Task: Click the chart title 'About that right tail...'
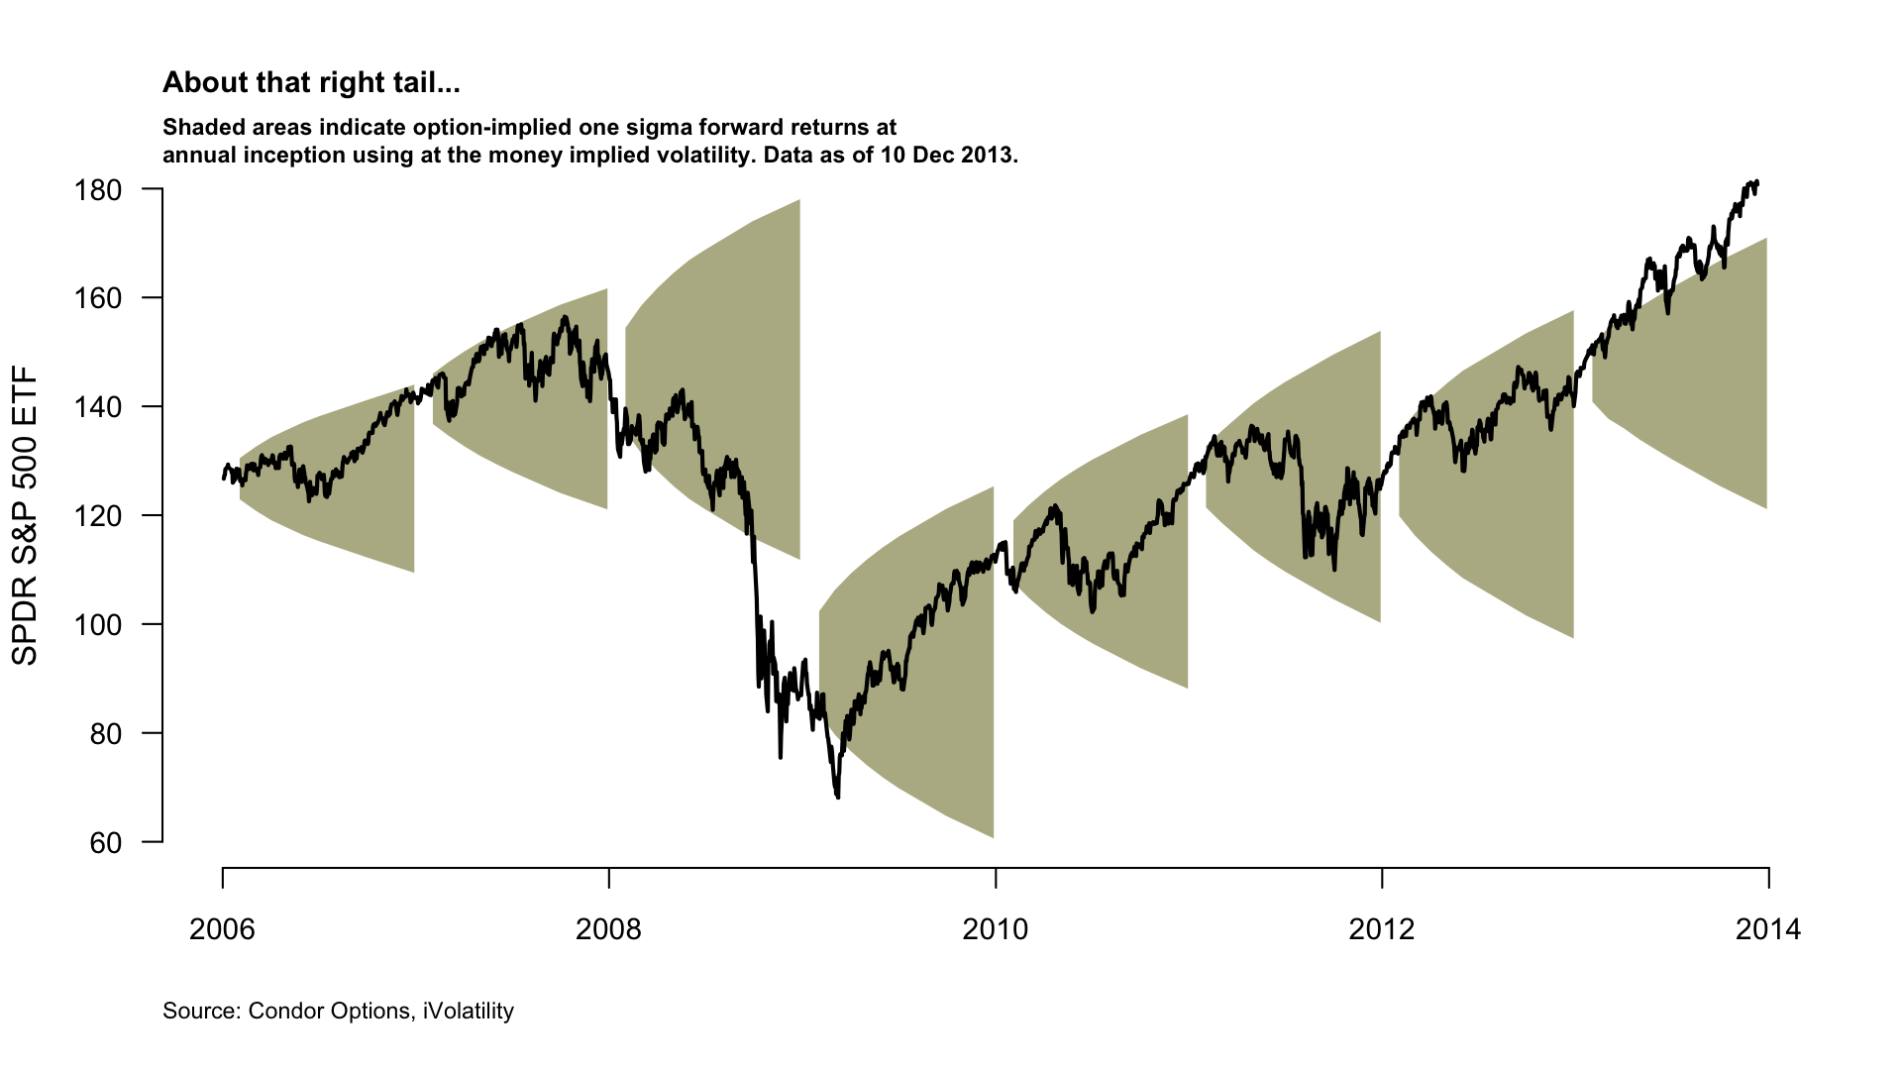click(311, 83)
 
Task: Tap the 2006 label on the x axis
click(222, 929)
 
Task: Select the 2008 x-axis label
click(608, 929)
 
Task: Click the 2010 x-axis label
click(996, 929)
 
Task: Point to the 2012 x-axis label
click(1382, 929)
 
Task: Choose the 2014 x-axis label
click(1768, 929)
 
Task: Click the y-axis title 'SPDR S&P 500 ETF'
click(24, 515)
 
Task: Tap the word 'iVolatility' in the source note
click(469, 1012)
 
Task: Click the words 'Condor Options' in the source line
click(329, 1012)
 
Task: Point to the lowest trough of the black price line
click(838, 797)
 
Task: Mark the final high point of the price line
click(1755, 181)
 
